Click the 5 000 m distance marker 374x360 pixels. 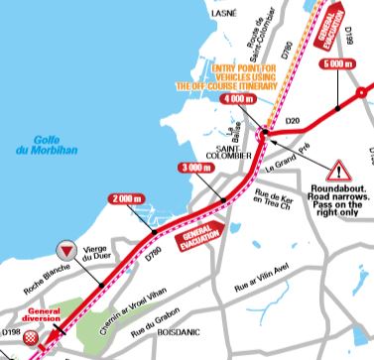pyautogui.click(x=336, y=62)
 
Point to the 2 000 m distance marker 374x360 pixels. pyautogui.click(x=127, y=198)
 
